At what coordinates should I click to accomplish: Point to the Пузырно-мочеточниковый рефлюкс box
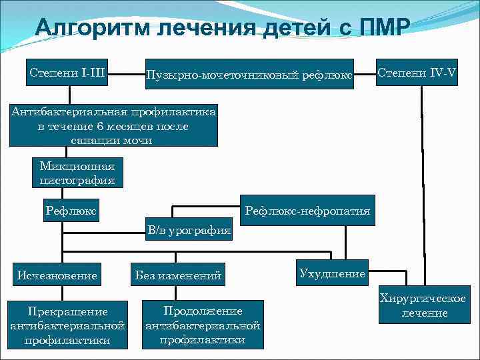click(x=248, y=75)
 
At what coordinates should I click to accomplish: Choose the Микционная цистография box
click(x=77, y=173)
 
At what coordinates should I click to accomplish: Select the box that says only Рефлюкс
click(x=71, y=211)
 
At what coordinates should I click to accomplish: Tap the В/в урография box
click(x=189, y=231)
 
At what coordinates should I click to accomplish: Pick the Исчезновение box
click(x=58, y=275)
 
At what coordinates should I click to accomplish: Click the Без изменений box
click(x=178, y=275)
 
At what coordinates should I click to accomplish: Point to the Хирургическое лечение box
click(x=423, y=306)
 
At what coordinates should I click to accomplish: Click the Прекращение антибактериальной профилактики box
click(x=68, y=325)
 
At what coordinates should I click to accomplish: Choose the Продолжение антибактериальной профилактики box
click(x=203, y=325)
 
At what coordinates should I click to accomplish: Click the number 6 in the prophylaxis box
click(x=99, y=126)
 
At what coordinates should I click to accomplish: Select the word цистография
click(x=77, y=180)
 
